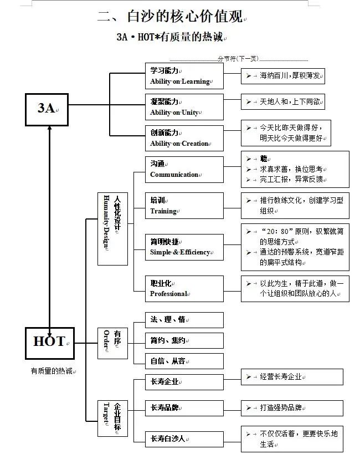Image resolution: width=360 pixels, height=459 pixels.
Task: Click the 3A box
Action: coord(47,109)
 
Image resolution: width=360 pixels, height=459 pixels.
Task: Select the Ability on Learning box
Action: coord(184,76)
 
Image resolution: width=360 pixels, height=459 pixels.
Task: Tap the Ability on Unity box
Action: coord(184,107)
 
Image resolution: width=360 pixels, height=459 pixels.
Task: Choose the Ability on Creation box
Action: coord(184,138)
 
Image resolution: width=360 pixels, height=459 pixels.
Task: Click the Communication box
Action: coord(184,169)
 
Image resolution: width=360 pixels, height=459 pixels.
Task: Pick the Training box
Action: coord(184,206)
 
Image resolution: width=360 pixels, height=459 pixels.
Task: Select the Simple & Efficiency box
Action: coord(184,247)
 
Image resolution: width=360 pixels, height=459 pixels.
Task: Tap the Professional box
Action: coord(184,288)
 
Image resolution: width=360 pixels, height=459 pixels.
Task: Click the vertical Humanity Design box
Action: coord(113,227)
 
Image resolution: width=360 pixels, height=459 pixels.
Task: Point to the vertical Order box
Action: coord(113,343)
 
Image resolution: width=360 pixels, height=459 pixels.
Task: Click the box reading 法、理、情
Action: coord(184,320)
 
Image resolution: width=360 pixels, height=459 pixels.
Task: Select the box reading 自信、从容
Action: coord(184,361)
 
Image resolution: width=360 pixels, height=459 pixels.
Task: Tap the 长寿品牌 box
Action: coord(184,408)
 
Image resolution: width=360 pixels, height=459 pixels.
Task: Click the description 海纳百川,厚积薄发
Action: coord(291,76)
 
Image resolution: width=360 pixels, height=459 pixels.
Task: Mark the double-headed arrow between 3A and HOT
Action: coord(50,227)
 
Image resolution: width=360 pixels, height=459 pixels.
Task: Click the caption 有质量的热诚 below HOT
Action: coord(52,371)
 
